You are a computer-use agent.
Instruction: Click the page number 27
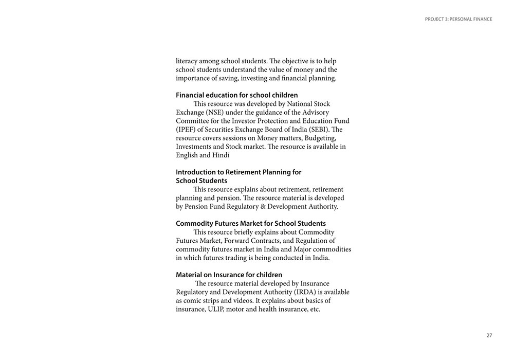(489, 335)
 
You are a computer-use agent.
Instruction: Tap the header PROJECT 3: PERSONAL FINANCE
(458, 20)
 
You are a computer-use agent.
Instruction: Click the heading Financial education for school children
(236, 95)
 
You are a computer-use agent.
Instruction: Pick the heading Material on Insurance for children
(229, 275)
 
